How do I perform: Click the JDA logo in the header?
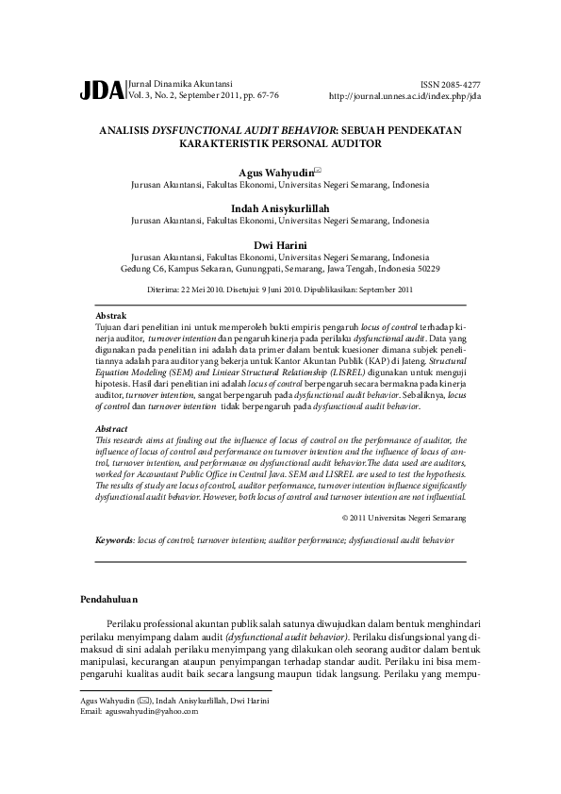[101, 91]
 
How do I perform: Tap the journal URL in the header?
[404, 96]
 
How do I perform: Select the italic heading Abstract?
[113, 429]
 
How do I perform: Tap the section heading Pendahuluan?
[108, 599]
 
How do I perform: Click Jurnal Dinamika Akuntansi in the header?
[179, 84]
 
